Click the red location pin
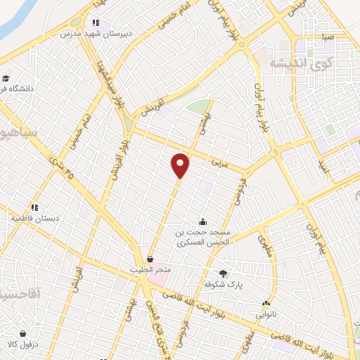click(181, 165)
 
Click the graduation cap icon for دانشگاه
click(6, 78)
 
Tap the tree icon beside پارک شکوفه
click(224, 274)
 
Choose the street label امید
click(323, 166)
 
